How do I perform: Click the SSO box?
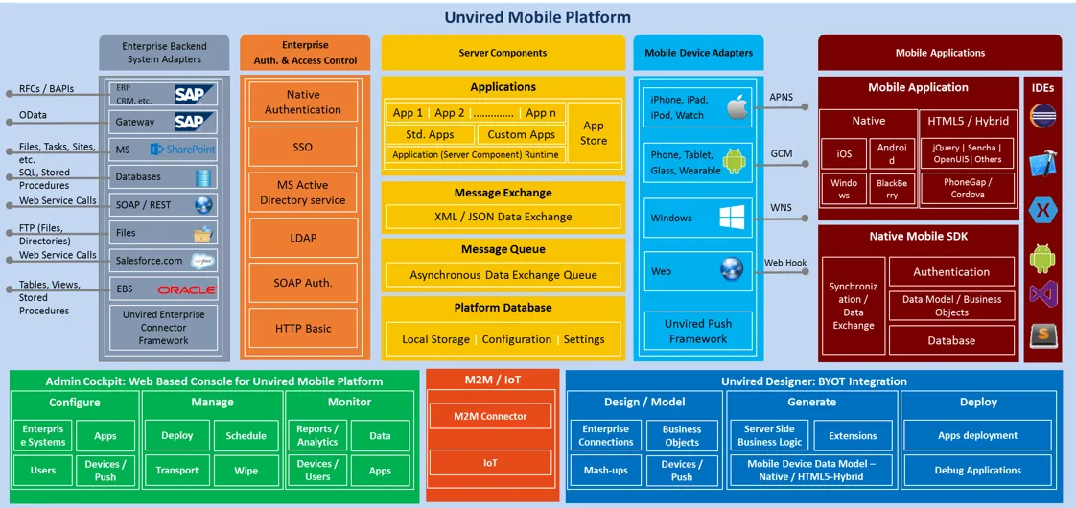[303, 148]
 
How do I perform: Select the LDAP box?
[303, 238]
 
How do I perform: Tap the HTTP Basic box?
[303, 328]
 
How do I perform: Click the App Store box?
[594, 133]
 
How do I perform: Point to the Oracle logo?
[187, 289]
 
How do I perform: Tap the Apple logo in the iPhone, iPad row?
[737, 106]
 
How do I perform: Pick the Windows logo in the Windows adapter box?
[733, 218]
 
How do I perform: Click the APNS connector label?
[782, 97]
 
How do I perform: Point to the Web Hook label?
[785, 263]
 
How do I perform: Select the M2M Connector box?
[491, 416]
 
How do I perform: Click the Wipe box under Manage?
[246, 471]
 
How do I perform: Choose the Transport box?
[177, 471]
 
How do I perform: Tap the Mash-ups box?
[606, 471]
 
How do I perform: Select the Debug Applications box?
[978, 471]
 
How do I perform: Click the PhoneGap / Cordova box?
[968, 189]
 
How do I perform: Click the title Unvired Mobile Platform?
[538, 17]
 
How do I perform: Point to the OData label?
[33, 116]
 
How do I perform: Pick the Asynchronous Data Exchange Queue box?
[503, 275]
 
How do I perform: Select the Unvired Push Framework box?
[698, 331]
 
